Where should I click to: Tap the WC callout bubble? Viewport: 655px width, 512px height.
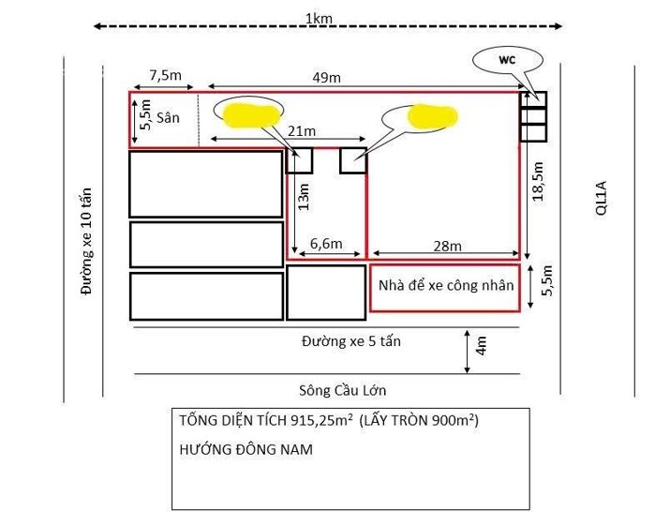tap(507, 60)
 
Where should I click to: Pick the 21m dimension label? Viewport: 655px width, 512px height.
tap(302, 129)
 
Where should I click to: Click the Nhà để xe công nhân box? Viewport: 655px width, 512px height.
tap(444, 286)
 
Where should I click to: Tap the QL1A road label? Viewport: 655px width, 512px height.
tap(602, 200)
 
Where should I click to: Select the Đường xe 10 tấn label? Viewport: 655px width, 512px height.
tap(87, 241)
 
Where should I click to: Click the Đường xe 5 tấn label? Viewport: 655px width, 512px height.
tap(351, 340)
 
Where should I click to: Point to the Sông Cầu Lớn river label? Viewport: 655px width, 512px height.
tap(343, 390)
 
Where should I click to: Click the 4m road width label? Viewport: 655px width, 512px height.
tap(481, 346)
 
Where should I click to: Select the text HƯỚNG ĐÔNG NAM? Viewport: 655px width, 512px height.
tap(246, 449)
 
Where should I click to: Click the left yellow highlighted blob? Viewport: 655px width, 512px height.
tap(252, 113)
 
